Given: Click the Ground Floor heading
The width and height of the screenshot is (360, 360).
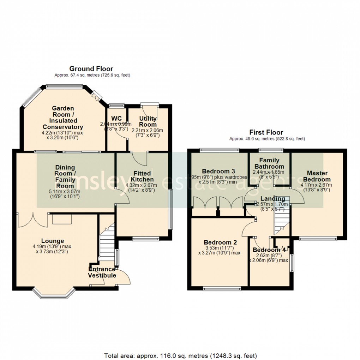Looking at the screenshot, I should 91,68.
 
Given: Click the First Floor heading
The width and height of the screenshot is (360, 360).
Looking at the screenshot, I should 267,132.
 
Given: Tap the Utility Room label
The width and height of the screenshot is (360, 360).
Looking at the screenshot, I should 148,121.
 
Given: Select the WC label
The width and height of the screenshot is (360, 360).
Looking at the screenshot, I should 116,118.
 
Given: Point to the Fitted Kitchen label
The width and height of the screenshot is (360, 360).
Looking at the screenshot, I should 142,176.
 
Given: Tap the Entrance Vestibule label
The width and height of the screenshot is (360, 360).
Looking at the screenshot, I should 102,272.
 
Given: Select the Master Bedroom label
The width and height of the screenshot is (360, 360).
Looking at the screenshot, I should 317,176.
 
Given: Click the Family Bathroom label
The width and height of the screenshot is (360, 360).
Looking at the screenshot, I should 269,163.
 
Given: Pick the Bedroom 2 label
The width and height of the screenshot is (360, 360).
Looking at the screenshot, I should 220,242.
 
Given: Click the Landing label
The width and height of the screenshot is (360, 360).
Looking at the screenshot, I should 273,199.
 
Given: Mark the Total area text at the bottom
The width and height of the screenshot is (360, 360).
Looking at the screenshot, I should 180,355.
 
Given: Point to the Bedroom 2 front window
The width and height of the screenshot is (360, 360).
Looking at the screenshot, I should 222,289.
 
